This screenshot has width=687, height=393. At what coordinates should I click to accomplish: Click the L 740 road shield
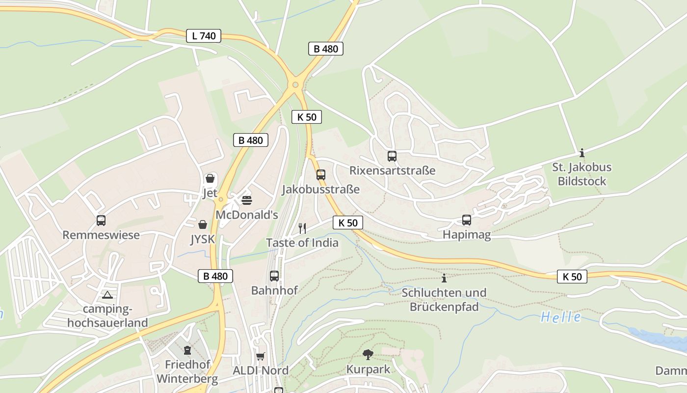pyautogui.click(x=204, y=36)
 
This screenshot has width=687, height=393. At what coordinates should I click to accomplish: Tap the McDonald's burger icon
pyautogui.click(x=246, y=200)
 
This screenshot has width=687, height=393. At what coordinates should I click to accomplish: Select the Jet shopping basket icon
pyautogui.click(x=210, y=178)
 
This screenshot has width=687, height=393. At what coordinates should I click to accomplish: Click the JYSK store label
pyautogui.click(x=203, y=239)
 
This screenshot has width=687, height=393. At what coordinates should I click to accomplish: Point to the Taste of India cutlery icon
pyautogui.click(x=302, y=228)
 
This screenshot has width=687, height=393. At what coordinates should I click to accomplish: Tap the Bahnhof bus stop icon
pyautogui.click(x=274, y=276)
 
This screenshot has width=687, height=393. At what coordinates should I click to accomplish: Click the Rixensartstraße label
pyautogui.click(x=392, y=170)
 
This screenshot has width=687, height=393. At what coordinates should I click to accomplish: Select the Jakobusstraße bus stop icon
pyautogui.click(x=320, y=175)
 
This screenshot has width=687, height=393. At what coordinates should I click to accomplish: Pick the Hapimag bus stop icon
pyautogui.click(x=467, y=220)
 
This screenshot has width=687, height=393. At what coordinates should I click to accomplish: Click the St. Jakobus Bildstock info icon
pyautogui.click(x=582, y=153)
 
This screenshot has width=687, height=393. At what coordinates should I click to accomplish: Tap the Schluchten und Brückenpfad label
pyautogui.click(x=444, y=300)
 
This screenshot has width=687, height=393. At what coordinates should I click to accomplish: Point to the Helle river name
pyautogui.click(x=561, y=317)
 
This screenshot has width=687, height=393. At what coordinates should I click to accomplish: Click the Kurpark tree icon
pyautogui.click(x=368, y=354)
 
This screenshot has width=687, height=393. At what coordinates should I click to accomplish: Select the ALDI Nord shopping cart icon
pyautogui.click(x=260, y=356)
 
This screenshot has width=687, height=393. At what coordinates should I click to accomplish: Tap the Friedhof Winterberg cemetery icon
pyautogui.click(x=187, y=350)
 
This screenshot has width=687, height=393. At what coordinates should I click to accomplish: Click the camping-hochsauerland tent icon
pyautogui.click(x=107, y=295)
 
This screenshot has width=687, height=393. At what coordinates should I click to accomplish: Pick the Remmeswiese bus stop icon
pyautogui.click(x=101, y=221)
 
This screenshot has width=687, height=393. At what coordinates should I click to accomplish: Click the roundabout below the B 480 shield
pyautogui.click(x=295, y=85)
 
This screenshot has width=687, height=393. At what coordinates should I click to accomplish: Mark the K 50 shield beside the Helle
pyautogui.click(x=572, y=277)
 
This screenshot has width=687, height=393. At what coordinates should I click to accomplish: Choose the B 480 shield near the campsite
pyautogui.click(x=215, y=276)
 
